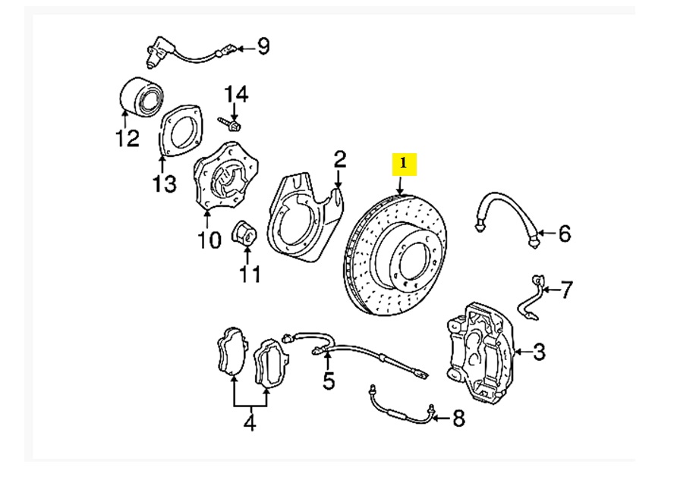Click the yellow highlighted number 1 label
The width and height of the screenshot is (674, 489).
404,162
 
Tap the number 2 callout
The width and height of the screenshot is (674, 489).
339,159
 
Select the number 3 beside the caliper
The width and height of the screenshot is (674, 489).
539,352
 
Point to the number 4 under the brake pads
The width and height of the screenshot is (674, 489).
250,423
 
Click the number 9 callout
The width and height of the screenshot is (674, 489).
263,48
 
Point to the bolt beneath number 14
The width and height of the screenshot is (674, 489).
230,121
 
